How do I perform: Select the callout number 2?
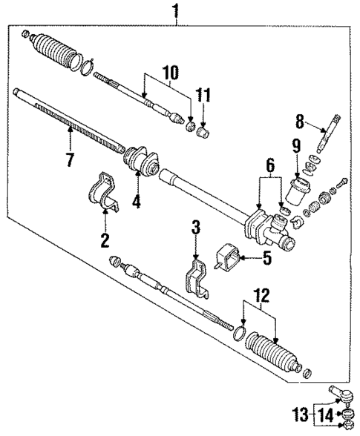point(105,239)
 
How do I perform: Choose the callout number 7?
point(70,159)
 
